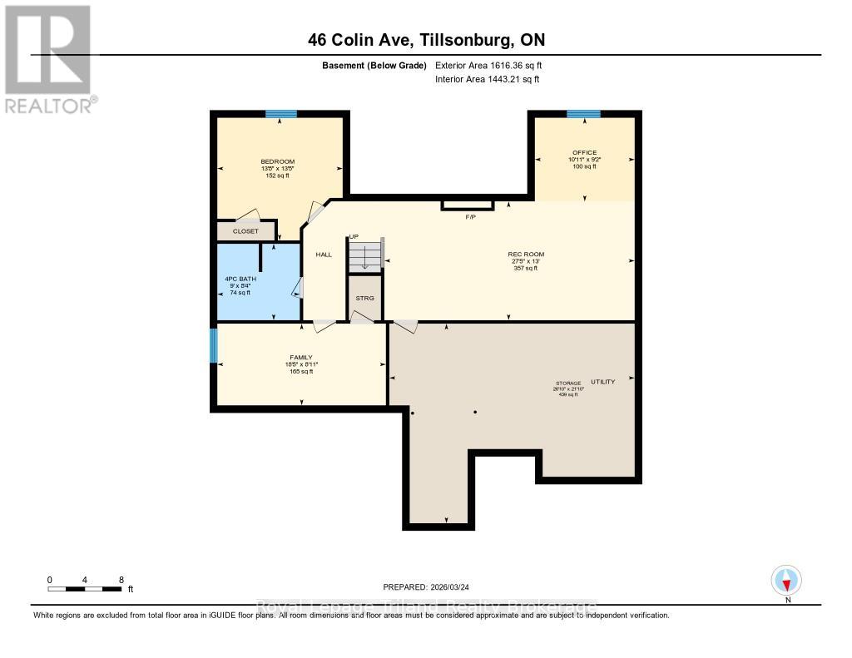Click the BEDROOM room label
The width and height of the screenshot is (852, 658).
tap(277, 161)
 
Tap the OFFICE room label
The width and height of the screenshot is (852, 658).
tap(583, 152)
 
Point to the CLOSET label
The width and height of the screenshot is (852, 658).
tap(245, 231)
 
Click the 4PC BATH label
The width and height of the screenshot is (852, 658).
tap(240, 279)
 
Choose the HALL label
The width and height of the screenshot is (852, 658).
tap(324, 255)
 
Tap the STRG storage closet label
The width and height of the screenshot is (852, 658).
tap(364, 297)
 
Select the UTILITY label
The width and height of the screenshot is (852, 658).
tap(602, 382)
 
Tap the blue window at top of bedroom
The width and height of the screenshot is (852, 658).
tap(280, 114)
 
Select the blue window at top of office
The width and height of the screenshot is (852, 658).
tap(583, 114)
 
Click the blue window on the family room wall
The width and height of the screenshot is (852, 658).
tap(213, 346)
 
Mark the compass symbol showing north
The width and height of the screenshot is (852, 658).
tap(786, 580)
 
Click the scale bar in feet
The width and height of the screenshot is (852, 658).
tap(87, 589)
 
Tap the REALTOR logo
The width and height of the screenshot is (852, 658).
tap(49, 58)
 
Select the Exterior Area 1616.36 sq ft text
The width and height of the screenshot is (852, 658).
tap(488, 65)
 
